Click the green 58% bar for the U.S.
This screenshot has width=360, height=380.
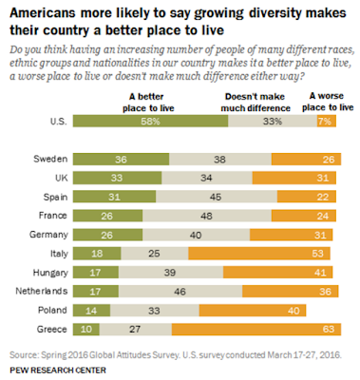pos(150,121)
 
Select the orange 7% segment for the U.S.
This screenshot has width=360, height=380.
pos(327,121)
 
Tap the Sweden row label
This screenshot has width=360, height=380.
pos(50,159)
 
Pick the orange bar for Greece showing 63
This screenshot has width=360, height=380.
pos(256,330)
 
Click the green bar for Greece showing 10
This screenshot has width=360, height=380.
pos(86,330)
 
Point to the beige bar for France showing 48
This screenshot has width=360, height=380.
pos(207,216)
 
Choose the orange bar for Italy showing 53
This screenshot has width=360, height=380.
pos(259,254)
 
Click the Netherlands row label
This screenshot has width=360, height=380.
pos(42,291)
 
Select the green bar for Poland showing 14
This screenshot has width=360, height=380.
pos(91,311)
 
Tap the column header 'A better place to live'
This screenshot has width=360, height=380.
pos(148,103)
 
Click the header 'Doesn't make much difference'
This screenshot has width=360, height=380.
pos(256,103)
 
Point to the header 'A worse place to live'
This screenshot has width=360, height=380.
pos(328,102)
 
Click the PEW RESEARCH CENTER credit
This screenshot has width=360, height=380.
pos(58,370)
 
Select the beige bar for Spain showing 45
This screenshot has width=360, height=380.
pos(217,197)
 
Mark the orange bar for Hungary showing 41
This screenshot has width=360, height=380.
pos(278,273)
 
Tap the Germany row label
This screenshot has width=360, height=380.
pos(48,235)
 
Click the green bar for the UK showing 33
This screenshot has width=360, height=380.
pos(118,178)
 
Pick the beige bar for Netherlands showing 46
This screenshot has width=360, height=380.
pos(180,292)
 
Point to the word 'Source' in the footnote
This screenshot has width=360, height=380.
pos(24,354)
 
